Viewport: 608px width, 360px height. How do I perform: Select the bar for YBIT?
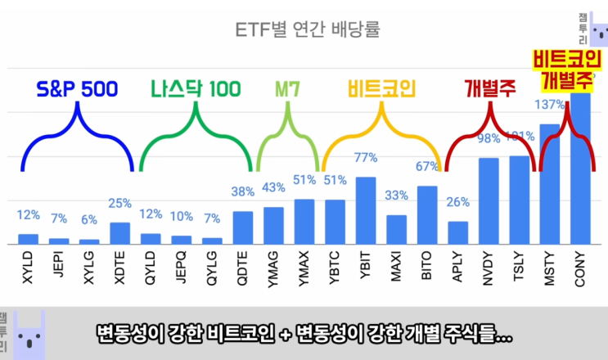[366, 210]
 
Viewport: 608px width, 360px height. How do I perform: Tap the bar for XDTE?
[119, 233]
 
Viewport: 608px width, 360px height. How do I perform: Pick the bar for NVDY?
[489, 201]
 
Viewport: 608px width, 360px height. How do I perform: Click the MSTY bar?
[550, 184]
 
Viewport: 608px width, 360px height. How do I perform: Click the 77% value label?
[366, 158]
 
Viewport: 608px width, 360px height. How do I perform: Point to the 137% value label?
[549, 105]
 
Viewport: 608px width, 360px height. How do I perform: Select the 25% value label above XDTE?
[119, 203]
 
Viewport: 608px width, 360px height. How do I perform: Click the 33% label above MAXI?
[396, 196]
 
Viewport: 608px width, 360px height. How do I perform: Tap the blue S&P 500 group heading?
[79, 88]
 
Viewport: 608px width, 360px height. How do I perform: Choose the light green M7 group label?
[285, 88]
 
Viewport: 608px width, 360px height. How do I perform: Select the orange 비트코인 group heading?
[381, 88]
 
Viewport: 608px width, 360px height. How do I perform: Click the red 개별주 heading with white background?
[489, 88]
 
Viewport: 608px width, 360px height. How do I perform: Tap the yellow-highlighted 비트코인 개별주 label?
[567, 70]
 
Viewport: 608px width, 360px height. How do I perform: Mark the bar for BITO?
[427, 215]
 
